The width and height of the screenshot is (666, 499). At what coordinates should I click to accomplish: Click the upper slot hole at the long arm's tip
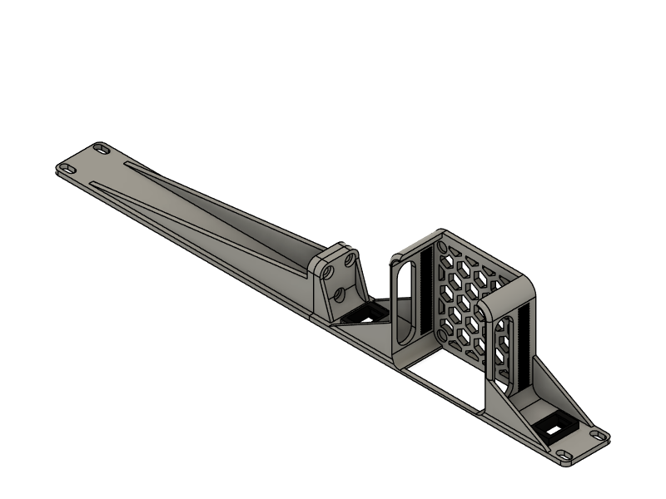click(x=102, y=149)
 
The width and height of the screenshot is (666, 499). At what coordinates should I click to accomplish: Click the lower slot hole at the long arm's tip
click(x=68, y=170)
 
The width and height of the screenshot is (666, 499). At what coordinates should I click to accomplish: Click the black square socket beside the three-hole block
click(x=365, y=314)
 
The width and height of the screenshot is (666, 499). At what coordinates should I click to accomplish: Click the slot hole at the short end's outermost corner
click(x=597, y=434)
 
